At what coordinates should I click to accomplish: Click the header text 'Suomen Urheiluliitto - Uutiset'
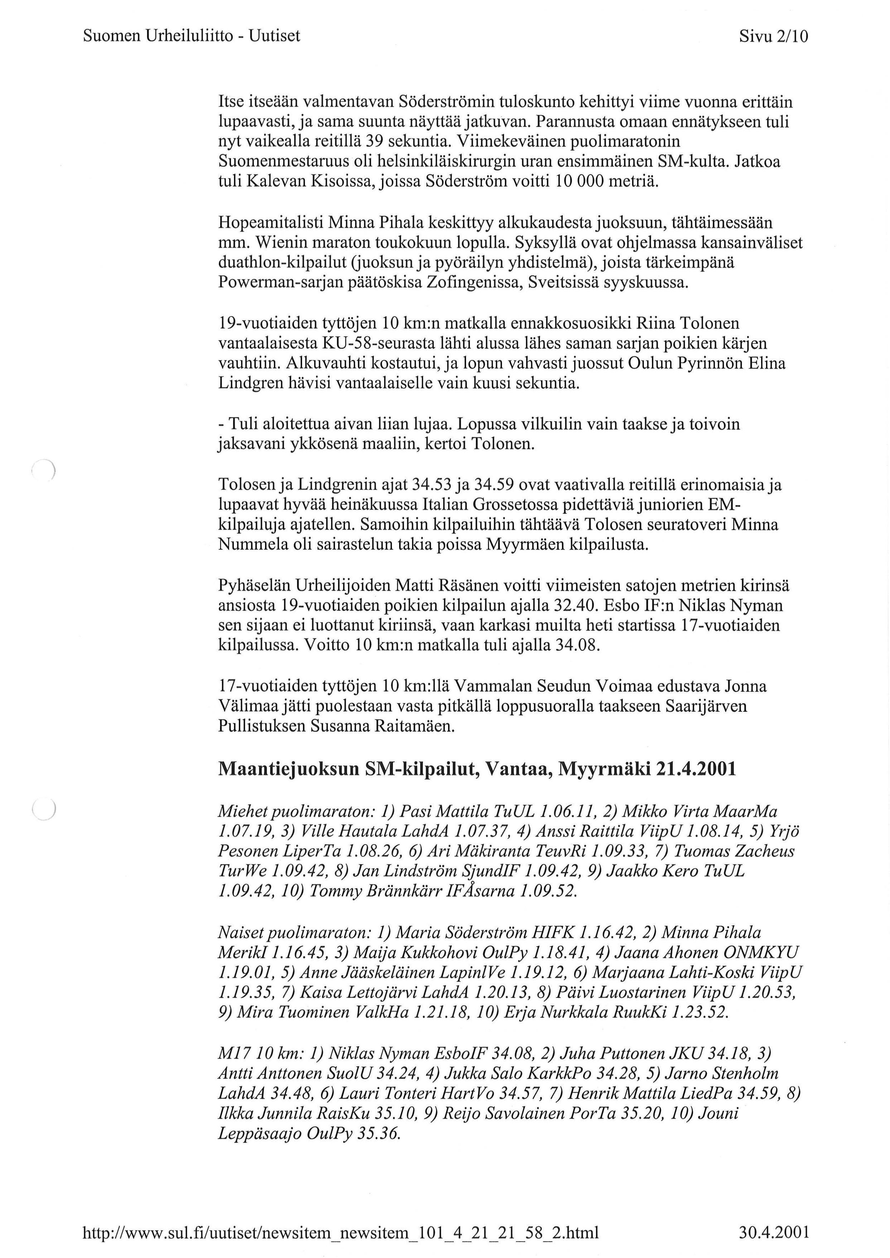point(191,36)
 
